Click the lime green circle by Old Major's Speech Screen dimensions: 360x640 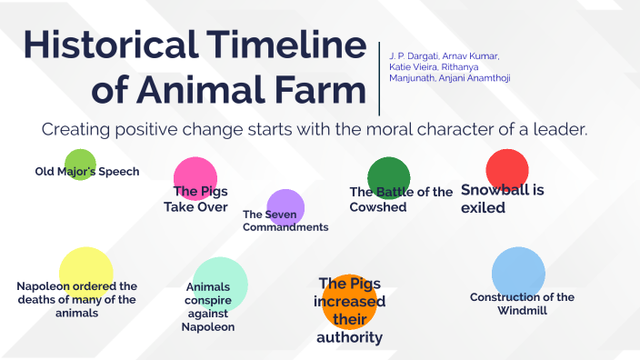pyautogui.click(x=80, y=165)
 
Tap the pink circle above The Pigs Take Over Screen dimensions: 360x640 pyautogui.click(x=195, y=175)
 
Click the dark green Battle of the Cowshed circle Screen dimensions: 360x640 pyautogui.click(x=389, y=175)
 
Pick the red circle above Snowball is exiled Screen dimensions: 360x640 pyautogui.click(x=507, y=168)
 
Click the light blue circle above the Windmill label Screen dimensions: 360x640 pyautogui.click(x=518, y=270)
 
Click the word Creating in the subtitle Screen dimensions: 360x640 pyautogui.click(x=75, y=130)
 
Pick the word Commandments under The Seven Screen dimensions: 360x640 pyautogui.click(x=285, y=227)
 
